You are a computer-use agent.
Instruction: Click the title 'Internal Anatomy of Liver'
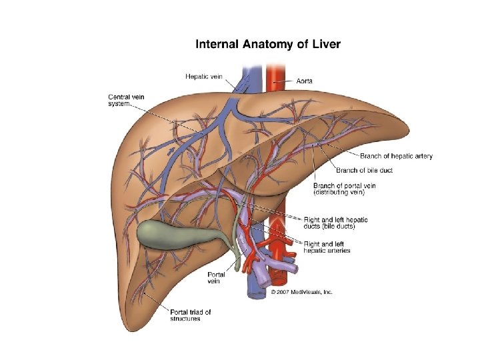pos(267,45)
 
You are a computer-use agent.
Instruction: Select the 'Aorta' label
pos(304,80)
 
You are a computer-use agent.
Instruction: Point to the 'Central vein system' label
pos(126,101)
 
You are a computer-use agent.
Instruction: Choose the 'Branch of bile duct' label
pos(364,170)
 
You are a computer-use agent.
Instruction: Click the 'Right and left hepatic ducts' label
pos(335,223)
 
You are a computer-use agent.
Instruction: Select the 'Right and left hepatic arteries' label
pos(327,247)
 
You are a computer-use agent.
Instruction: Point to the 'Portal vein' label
pos(216,277)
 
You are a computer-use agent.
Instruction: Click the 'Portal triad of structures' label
pos(190,315)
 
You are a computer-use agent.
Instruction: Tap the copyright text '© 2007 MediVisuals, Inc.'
pos(301,292)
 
